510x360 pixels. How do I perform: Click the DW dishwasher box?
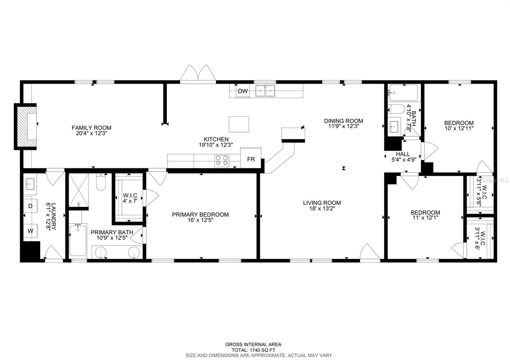pos(243,91)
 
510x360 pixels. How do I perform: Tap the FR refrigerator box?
pos(251,159)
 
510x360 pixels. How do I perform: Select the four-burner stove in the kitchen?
pos(222,161)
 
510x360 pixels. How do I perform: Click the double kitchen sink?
pos(265,91)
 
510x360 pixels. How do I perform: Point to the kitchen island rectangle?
pos(239,124)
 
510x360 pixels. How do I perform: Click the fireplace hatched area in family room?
pos(26,126)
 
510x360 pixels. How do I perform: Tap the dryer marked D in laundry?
pos(31,206)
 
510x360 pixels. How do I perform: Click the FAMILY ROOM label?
pos(91,128)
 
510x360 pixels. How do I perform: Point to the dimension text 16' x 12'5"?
pos(200,220)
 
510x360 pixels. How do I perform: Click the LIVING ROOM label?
pos(322,203)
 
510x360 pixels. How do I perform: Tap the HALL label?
pos(403,154)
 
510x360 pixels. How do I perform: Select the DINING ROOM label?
pos(343,121)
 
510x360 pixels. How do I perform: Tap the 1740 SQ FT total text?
pos(253,350)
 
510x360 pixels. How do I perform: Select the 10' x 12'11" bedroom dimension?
pos(459,128)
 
